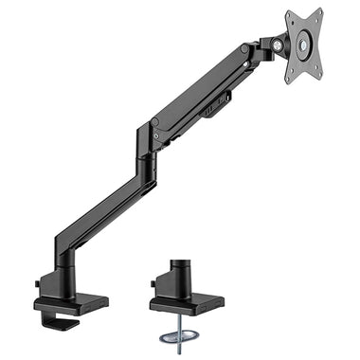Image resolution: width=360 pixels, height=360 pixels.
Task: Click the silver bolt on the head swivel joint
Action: [280, 43]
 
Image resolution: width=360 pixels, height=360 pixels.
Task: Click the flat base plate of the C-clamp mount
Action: [72, 304]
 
